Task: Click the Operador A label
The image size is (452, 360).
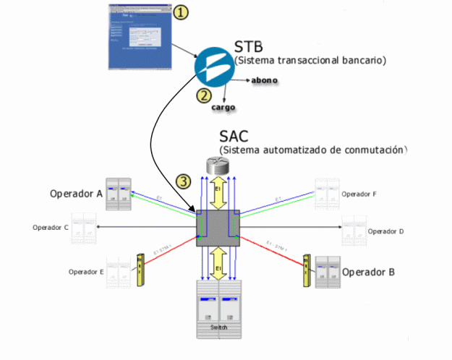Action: point(75,193)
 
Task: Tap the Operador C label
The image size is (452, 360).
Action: point(51,228)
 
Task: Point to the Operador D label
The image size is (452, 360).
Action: point(385,231)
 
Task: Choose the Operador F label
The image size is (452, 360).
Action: point(359,194)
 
